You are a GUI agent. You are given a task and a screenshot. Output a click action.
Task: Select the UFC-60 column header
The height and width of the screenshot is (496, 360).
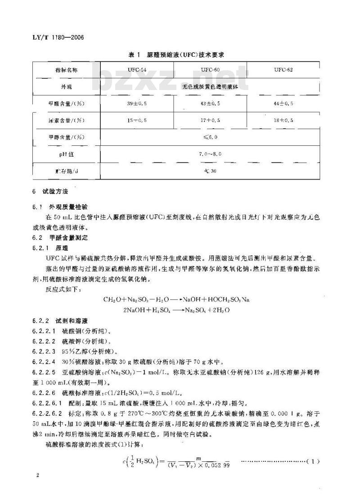[x=210, y=70]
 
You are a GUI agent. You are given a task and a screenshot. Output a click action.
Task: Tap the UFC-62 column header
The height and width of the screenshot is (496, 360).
[x=283, y=70]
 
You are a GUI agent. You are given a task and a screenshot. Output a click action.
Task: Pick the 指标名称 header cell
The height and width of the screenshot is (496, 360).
[x=66, y=70]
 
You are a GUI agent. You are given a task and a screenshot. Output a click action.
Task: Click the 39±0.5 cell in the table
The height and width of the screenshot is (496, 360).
[x=136, y=103]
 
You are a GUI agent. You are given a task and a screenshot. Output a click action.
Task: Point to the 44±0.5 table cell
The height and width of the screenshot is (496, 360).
[x=283, y=103]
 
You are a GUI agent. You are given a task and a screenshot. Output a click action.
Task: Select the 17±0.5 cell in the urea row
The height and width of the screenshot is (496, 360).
[x=210, y=120]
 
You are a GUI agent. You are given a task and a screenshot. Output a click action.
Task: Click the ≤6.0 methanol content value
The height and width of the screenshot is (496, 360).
[x=210, y=137]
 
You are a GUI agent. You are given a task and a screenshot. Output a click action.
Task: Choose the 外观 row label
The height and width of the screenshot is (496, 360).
[x=66, y=86]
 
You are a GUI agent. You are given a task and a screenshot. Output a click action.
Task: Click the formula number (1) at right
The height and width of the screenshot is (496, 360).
[x=313, y=461]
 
